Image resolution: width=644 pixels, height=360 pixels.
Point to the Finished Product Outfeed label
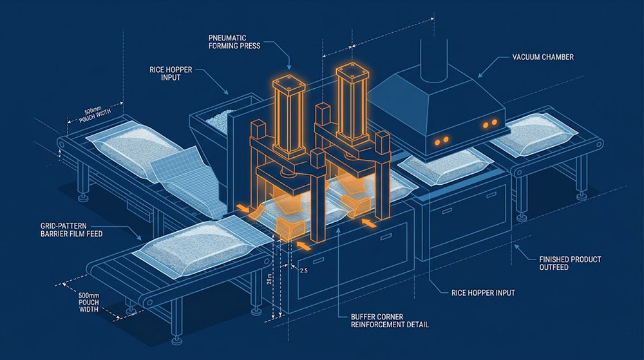[x=570, y=263]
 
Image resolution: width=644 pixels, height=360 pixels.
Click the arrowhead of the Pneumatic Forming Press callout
[x=289, y=68]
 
